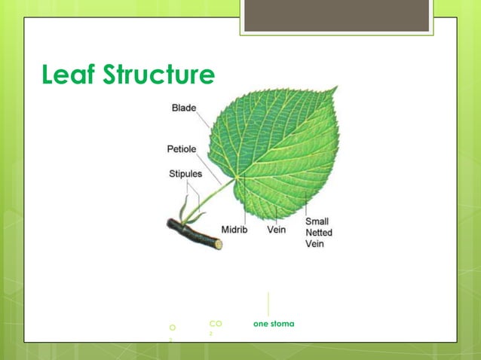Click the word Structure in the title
[159, 75]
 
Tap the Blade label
[184, 108]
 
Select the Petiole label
[182, 148]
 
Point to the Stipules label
[185, 174]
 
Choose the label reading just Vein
[277, 229]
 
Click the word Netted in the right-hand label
[318, 233]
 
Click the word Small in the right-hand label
[317, 221]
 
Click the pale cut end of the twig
[219, 244]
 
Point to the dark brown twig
[192, 233]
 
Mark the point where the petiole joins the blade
[236, 178]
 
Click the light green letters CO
[216, 323]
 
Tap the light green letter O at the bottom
[173, 328]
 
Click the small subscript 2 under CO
[212, 333]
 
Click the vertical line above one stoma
[268, 304]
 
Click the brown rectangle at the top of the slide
[336, 15]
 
